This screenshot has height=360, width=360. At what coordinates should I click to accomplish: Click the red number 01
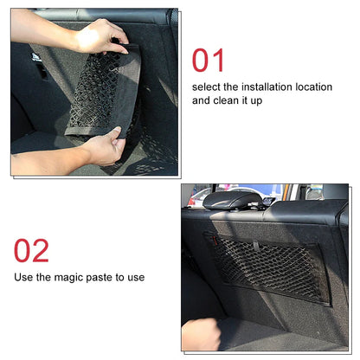pyautogui.click(x=209, y=61)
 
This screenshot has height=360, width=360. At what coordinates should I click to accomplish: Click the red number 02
pyautogui.click(x=31, y=250)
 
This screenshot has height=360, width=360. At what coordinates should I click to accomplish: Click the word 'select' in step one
pyautogui.click(x=206, y=87)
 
